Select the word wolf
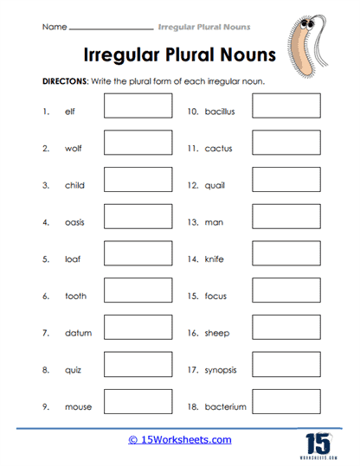74,149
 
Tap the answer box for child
138,179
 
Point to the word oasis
75,222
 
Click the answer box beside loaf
138,252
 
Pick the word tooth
76,296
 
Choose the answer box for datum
138,327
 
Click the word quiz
74,369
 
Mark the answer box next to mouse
138,400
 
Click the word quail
217,186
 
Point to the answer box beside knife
286,252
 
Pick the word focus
217,296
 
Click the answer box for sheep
286,327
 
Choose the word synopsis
222,369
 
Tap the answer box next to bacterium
286,400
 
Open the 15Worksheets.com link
179,439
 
